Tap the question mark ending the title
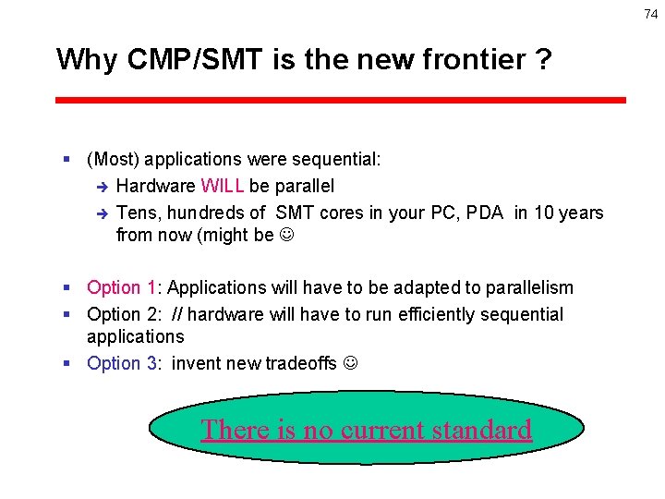point(543,60)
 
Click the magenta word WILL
point(222,187)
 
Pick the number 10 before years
point(543,213)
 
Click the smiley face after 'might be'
point(286,236)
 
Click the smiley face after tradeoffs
point(350,364)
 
